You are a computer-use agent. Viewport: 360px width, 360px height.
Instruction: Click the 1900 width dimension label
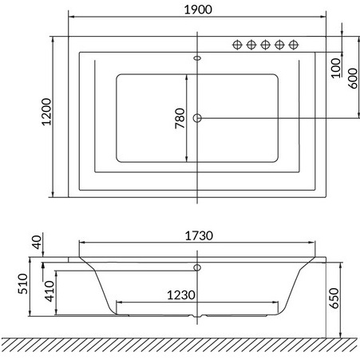196,6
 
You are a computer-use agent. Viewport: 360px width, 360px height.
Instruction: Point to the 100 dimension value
335,62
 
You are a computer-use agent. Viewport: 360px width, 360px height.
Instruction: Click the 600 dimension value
352,77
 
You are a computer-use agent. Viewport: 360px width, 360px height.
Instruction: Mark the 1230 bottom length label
180,295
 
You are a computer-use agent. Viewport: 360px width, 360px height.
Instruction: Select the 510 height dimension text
23,284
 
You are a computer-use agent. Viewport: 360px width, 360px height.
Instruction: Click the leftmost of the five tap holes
237,45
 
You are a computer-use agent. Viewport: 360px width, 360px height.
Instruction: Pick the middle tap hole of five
265,45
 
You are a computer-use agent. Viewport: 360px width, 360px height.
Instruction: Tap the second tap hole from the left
251,45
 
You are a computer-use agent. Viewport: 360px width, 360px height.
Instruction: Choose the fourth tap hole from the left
279,45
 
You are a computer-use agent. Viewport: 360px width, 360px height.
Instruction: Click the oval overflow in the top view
197,57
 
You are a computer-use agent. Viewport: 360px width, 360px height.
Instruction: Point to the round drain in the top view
197,118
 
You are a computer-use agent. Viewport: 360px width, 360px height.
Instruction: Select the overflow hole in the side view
197,268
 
